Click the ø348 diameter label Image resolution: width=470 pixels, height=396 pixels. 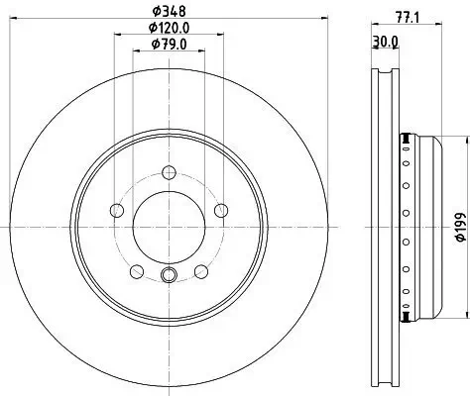(x=166, y=12)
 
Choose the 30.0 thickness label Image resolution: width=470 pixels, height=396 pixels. (x=386, y=41)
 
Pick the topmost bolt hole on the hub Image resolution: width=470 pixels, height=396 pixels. (x=166, y=170)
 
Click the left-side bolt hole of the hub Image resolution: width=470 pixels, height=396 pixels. (x=117, y=209)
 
